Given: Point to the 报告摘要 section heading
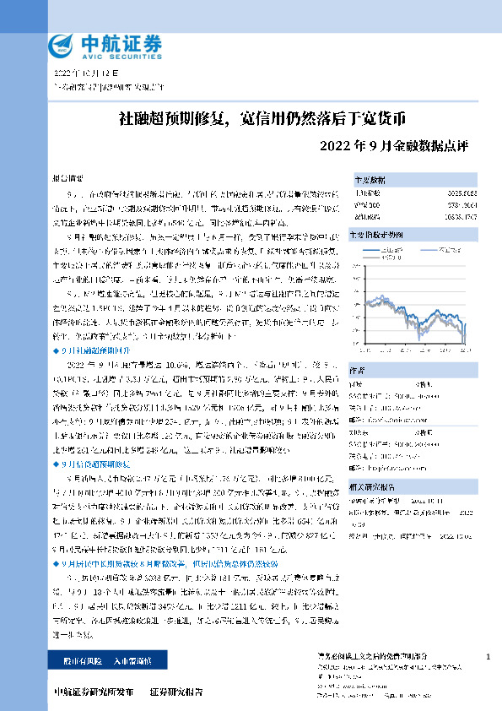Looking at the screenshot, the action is click(x=68, y=179).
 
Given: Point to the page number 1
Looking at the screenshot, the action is click(x=489, y=656).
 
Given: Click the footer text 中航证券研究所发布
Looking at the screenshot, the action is click(x=93, y=693).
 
